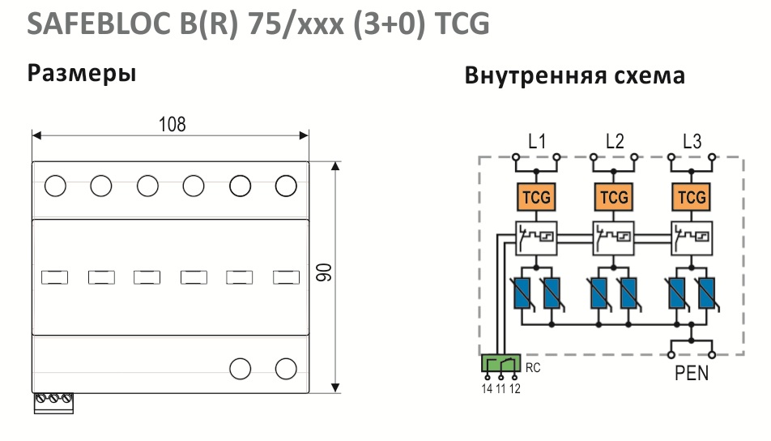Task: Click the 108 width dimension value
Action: tap(172, 124)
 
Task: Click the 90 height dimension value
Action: tap(324, 272)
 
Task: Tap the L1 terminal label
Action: tap(537, 142)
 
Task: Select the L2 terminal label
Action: tap(615, 142)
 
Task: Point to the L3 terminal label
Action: tap(692, 142)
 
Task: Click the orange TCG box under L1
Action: tap(536, 197)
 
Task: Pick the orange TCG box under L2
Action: tap(614, 197)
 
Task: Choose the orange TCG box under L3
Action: tap(692, 197)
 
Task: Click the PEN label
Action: tap(692, 373)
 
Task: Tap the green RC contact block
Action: tap(501, 363)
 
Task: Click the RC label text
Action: tap(533, 368)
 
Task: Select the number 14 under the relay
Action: tap(487, 389)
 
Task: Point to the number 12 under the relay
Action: tap(515, 389)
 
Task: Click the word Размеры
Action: tap(82, 74)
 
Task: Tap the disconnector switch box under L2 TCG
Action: tap(614, 238)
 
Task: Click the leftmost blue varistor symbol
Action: tap(522, 293)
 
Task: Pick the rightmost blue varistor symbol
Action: tap(707, 293)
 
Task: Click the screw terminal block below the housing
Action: tap(53, 403)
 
